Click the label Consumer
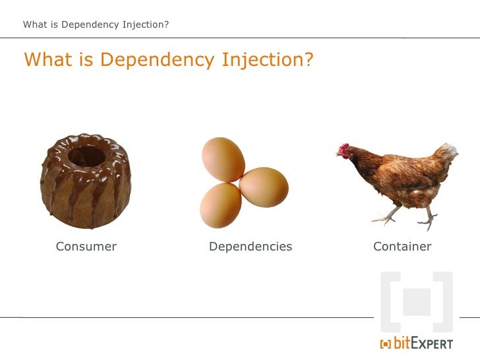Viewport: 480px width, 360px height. [x=86, y=247]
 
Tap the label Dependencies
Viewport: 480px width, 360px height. [x=250, y=247]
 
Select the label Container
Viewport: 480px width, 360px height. [x=402, y=247]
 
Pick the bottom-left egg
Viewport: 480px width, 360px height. [x=220, y=204]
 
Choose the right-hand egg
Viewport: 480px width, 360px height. [x=264, y=187]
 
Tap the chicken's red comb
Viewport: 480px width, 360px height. [x=344, y=146]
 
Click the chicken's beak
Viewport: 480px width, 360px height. [x=338, y=155]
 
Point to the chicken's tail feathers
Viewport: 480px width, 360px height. [x=447, y=155]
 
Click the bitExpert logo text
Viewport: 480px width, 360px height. [x=423, y=343]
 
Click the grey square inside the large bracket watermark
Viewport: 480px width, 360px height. [x=417, y=301]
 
